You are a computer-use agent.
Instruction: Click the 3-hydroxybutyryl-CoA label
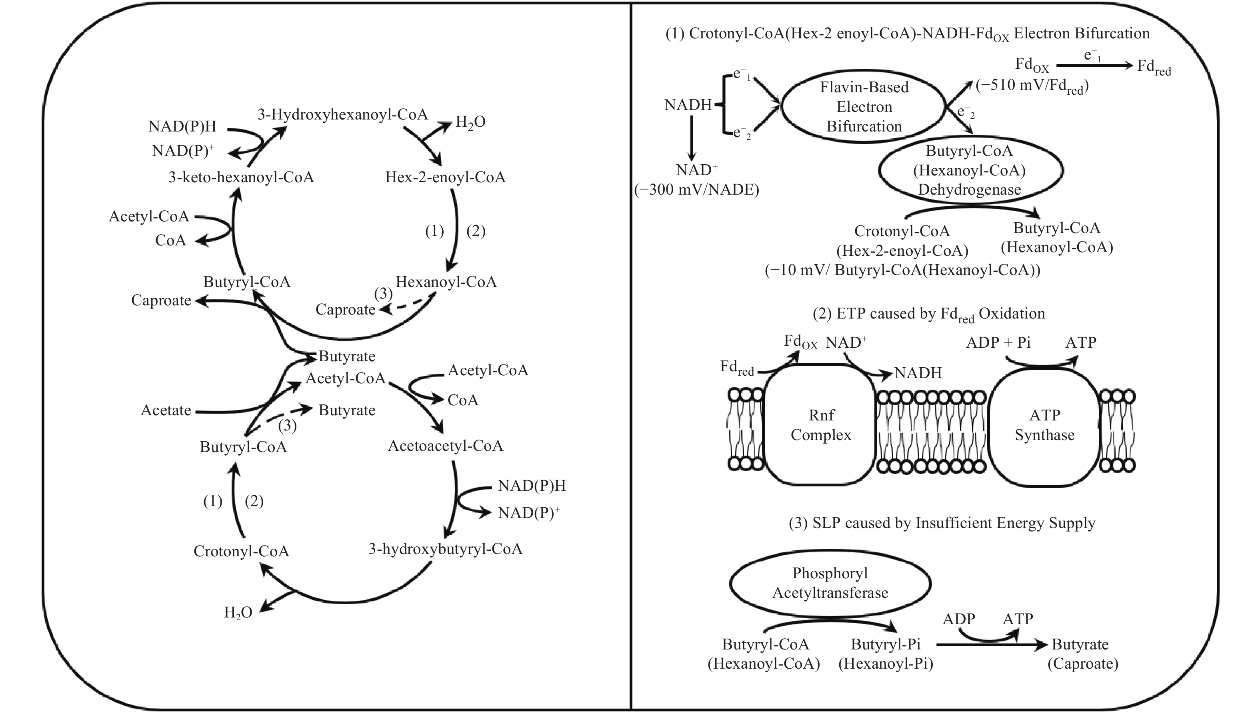tap(445, 549)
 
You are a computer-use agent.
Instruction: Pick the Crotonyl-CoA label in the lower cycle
tap(241, 552)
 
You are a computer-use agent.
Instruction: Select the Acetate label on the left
tap(166, 410)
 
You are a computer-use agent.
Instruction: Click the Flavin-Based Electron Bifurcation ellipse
tap(864, 107)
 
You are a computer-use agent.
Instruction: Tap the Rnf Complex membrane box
tap(820, 425)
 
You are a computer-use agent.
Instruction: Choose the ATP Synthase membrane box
tap(1044, 425)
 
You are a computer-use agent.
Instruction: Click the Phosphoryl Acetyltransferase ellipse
tap(830, 583)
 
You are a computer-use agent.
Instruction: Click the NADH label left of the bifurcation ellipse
tap(688, 105)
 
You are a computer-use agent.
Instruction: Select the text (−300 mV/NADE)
tap(696, 189)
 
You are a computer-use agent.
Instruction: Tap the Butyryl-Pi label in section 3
tap(886, 644)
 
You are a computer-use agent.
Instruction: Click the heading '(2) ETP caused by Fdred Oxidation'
tap(929, 314)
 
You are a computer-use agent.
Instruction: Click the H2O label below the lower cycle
tap(238, 613)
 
